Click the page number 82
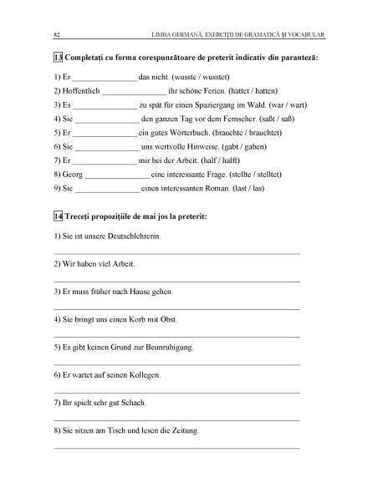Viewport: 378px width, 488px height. (x=56, y=34)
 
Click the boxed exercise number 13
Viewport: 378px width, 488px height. (x=57, y=59)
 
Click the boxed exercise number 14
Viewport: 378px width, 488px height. (x=57, y=216)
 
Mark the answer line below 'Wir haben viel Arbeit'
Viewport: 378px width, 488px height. (x=176, y=281)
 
